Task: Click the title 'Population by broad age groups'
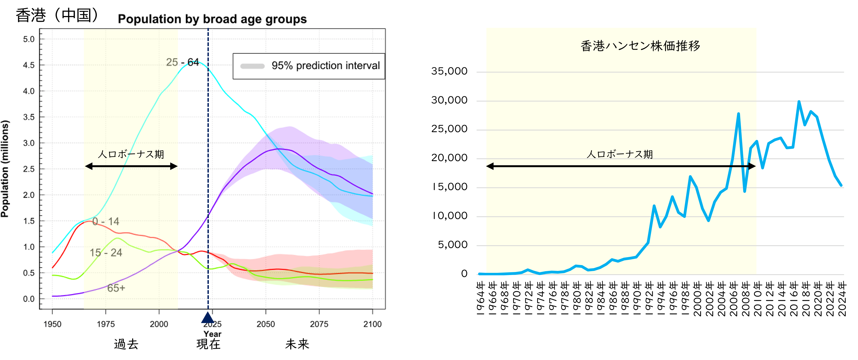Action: [x=212, y=19]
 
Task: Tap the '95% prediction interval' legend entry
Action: [x=310, y=66]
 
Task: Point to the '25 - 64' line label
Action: [x=183, y=62]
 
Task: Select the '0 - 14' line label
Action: [x=106, y=222]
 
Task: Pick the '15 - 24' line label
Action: [x=106, y=253]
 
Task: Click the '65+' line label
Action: [x=116, y=288]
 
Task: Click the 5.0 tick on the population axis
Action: [x=29, y=39]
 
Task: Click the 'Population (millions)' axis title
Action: [x=5, y=169]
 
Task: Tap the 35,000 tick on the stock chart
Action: [x=449, y=71]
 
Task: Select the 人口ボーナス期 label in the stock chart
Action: [x=620, y=154]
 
